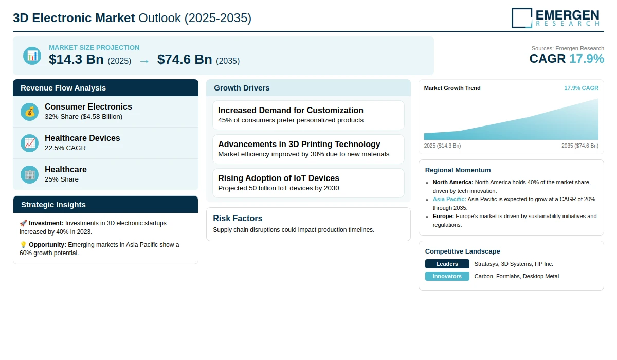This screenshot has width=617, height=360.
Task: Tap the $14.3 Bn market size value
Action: [x=76, y=59]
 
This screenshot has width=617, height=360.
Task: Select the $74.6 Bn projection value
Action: [x=185, y=59]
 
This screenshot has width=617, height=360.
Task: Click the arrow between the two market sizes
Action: [x=144, y=61]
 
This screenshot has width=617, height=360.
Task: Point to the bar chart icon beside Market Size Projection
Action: [x=32, y=56]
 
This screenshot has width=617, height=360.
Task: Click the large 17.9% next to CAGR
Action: [x=587, y=59]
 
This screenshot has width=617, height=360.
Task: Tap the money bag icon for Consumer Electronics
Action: [x=29, y=112]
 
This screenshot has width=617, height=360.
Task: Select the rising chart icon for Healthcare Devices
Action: [x=29, y=143]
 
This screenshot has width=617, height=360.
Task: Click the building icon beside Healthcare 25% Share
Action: [x=29, y=175]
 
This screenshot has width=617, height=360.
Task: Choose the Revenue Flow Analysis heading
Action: [x=63, y=88]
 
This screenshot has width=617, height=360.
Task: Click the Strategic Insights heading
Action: [x=53, y=205]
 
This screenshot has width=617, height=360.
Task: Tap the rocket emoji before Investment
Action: [x=23, y=223]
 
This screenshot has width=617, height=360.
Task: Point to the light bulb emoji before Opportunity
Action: [x=23, y=245]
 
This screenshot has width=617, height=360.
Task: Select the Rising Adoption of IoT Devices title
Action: [x=279, y=178]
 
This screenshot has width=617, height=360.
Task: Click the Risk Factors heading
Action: [x=238, y=218]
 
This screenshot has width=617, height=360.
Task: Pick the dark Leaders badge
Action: [x=447, y=264]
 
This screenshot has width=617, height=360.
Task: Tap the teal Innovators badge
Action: [x=447, y=276]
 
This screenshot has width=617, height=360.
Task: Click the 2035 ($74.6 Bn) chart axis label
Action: [x=580, y=146]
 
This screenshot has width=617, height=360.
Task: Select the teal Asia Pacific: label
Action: [x=449, y=199]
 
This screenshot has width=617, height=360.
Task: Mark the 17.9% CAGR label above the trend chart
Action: [x=581, y=88]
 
